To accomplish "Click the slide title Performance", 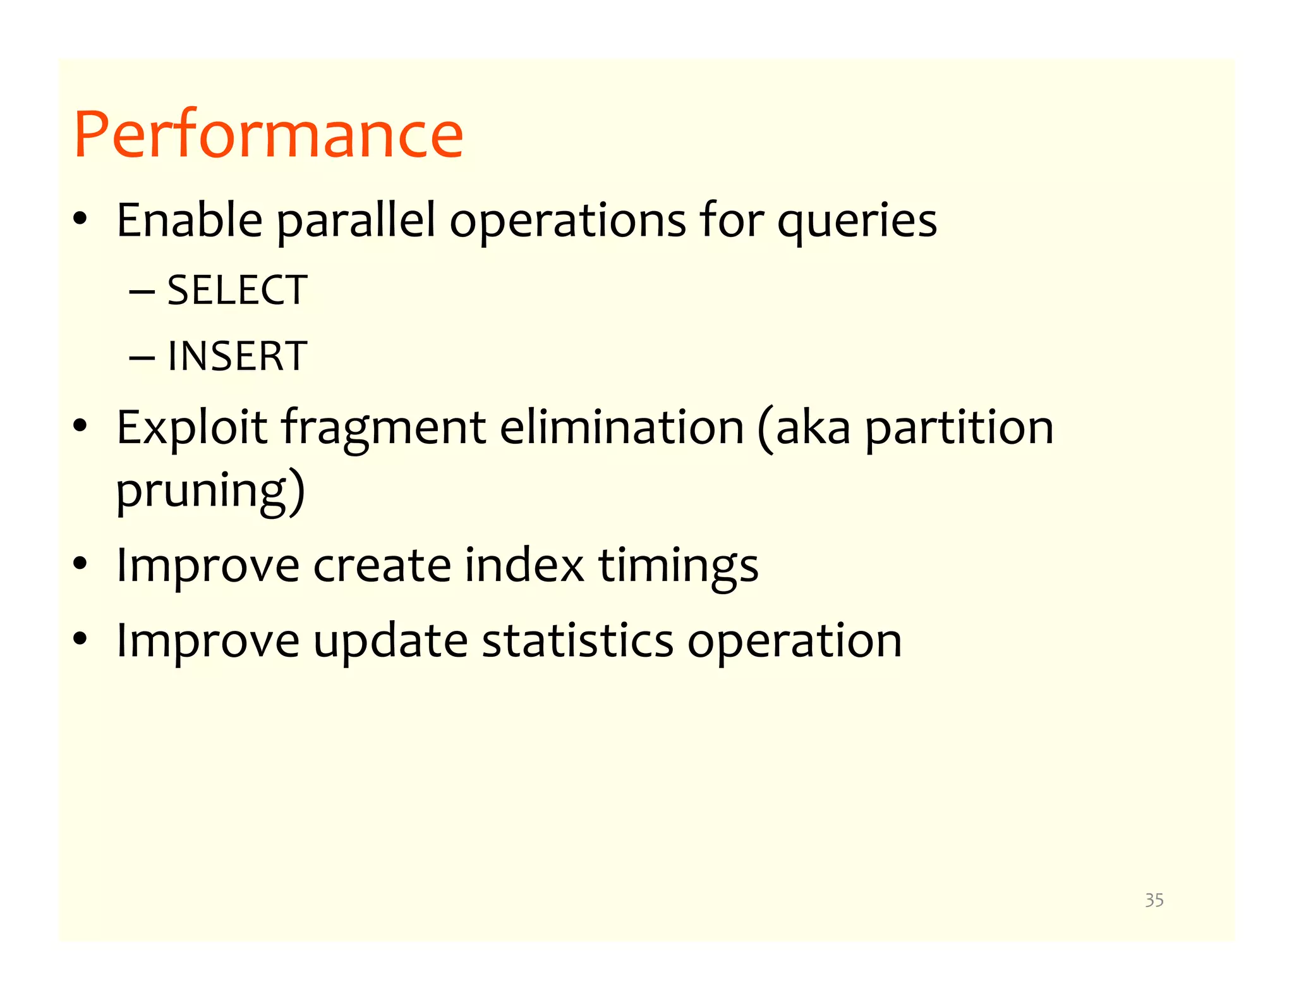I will point(269,135).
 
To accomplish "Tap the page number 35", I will point(1154,900).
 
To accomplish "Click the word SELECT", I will point(237,291).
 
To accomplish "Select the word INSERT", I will point(237,357).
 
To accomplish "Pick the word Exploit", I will point(191,429).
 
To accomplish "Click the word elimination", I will point(622,427).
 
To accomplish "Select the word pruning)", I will point(210,492).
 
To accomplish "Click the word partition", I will point(958,429).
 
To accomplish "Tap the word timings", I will point(678,566).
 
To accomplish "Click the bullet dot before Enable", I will point(80,220).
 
